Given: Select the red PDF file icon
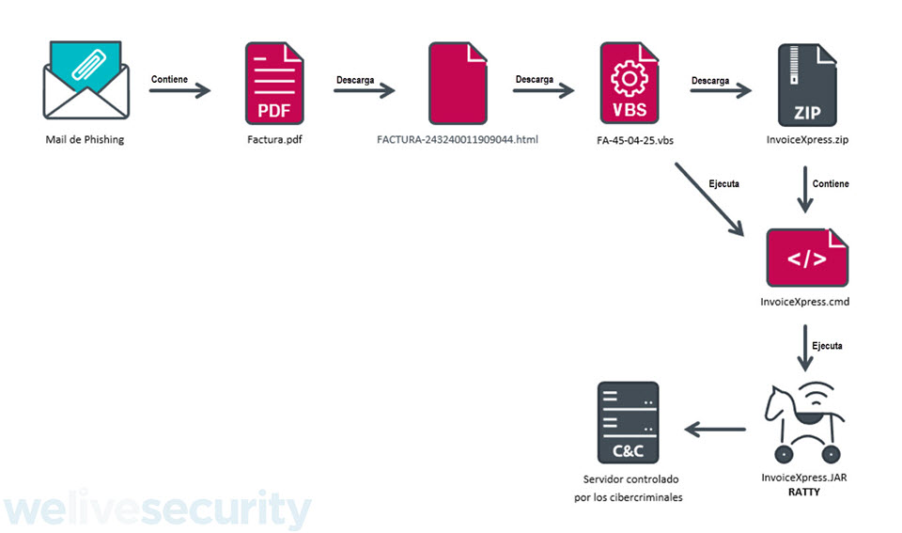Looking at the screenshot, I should (x=274, y=85).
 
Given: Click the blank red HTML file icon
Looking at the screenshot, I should (x=457, y=85).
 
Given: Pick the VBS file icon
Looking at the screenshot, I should (x=630, y=85).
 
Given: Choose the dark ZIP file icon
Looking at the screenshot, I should (x=807, y=85).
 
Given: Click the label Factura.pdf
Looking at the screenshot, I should (x=274, y=140).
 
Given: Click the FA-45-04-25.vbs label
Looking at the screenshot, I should (x=630, y=140).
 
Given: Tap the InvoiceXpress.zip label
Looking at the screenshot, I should (x=807, y=140).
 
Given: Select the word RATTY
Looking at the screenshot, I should (x=805, y=492).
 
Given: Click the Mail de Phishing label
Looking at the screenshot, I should (x=85, y=140).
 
